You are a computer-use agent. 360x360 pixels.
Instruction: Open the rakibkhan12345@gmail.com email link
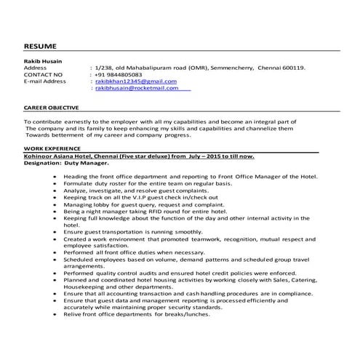(136, 81)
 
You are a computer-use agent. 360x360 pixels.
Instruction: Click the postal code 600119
(293, 68)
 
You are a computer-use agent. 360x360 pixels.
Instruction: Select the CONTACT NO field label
(44, 74)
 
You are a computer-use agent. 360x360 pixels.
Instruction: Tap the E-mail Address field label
(45, 81)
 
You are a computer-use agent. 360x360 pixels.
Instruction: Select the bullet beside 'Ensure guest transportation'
(56, 231)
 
